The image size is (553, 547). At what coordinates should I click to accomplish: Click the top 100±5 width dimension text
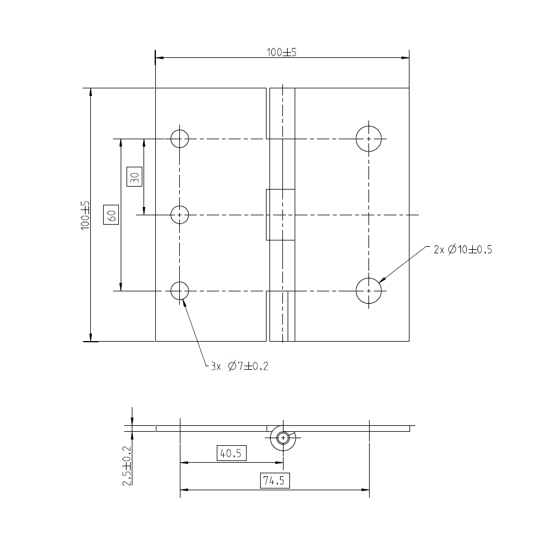[282, 52]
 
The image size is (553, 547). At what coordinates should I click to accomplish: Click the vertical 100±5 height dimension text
[86, 215]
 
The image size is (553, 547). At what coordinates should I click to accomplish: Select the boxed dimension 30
[134, 176]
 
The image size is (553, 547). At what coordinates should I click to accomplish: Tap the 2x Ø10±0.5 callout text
[463, 249]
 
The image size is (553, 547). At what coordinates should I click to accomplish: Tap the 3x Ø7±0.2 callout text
[240, 366]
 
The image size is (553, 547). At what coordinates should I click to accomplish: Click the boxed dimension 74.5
[274, 481]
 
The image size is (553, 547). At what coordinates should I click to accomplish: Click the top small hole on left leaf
[180, 139]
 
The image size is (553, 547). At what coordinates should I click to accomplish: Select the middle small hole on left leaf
[180, 215]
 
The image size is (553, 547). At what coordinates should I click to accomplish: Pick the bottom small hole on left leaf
[180, 290]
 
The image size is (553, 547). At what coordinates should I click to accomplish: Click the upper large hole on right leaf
[369, 139]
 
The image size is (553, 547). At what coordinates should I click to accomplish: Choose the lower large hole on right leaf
[369, 290]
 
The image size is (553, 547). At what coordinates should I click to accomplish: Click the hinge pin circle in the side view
[284, 438]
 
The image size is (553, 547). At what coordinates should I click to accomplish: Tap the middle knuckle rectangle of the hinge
[281, 215]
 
